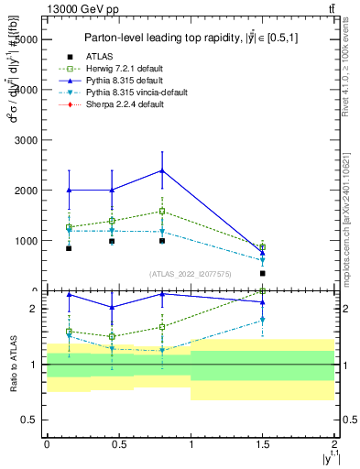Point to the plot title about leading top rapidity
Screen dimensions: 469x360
[192, 38]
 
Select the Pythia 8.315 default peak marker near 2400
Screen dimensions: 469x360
[162, 170]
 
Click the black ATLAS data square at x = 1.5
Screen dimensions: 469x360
[263, 273]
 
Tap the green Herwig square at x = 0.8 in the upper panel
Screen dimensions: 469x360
[162, 212]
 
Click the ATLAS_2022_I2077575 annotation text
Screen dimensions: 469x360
[191, 274]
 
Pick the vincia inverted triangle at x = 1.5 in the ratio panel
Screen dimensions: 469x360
[263, 320]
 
